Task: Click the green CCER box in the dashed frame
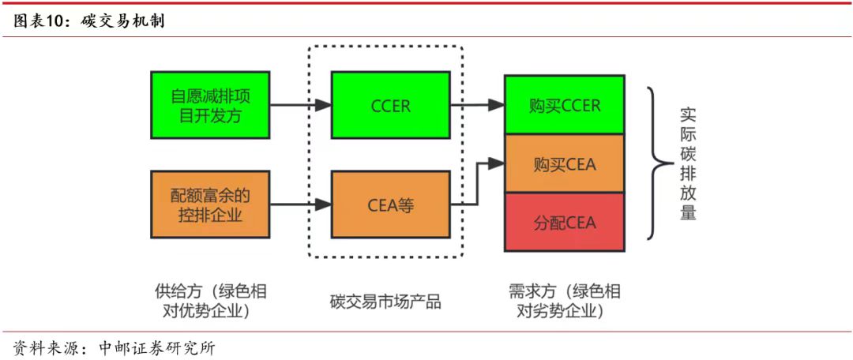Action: (x=390, y=105)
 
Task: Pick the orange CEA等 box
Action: (x=390, y=204)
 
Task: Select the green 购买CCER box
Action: (x=565, y=105)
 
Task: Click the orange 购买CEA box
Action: (x=565, y=164)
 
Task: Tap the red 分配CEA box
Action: (x=565, y=222)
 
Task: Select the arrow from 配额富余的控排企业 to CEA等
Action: (x=300, y=204)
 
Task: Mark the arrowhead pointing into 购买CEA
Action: (x=496, y=163)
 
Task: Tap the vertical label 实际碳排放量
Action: (x=688, y=163)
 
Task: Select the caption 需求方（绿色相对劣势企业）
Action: (x=565, y=301)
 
